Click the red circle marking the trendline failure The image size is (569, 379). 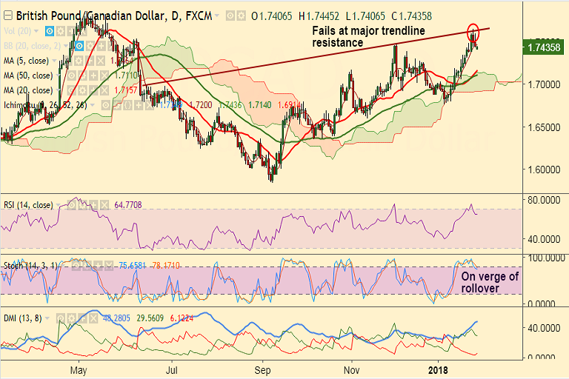473,32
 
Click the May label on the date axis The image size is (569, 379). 79,369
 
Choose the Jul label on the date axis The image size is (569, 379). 172,369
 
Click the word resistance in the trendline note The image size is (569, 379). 337,44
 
